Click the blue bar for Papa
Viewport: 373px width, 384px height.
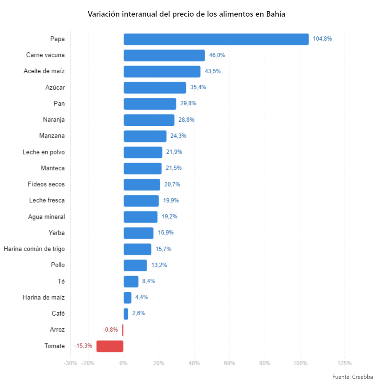216,39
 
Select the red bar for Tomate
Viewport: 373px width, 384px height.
110,346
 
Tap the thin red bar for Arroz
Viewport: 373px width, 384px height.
123,330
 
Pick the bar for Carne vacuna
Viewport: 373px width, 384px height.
164,55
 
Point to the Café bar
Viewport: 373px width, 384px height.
126,314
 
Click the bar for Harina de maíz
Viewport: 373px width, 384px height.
127,298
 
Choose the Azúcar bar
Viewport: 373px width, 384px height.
155,88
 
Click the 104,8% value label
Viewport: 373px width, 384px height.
322,39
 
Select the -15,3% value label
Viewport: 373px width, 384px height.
83,346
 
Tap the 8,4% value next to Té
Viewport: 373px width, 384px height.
148,281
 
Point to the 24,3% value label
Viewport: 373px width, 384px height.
178,136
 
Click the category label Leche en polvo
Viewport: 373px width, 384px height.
43,152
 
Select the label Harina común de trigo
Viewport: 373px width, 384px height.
34,249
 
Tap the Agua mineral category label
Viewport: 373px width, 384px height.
46,217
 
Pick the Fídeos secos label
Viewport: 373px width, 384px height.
46,184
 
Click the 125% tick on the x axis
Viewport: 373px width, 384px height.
344,363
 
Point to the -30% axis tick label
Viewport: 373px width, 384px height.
70,363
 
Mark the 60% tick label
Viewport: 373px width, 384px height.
229,363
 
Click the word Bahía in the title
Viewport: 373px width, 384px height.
276,14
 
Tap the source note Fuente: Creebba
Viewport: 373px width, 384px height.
352,377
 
